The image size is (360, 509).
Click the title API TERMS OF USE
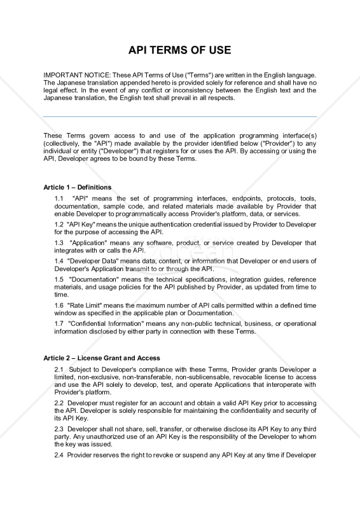[x=180, y=50]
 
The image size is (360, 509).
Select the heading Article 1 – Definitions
[x=77, y=187]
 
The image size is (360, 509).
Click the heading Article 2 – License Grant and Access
[x=101, y=358]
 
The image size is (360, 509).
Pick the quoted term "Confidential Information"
[x=106, y=323]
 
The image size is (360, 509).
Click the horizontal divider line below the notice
[x=180, y=116]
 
